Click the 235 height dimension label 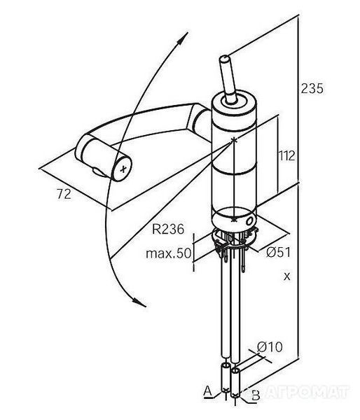(312, 88)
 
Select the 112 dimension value (287, 156)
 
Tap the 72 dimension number (64, 194)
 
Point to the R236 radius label (168, 229)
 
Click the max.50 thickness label (169, 253)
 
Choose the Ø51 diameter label (279, 252)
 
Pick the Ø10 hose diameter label (270, 347)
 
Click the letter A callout (208, 391)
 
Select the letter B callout (256, 395)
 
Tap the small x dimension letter (287, 276)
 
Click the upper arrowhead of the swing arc (182, 38)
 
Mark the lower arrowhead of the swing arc (139, 302)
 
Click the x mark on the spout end (123, 169)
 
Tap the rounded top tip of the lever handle (224, 58)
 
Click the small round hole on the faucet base (249, 222)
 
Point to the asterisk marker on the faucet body (234, 139)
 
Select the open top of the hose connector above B (235, 371)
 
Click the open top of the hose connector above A (225, 365)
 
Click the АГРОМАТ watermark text (306, 392)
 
